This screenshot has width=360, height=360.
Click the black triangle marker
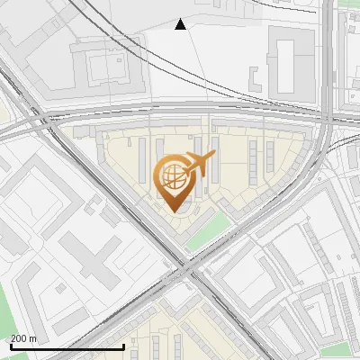click(x=181, y=24)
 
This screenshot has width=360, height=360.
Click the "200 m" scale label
click(x=23, y=338)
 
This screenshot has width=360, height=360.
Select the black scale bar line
click(x=67, y=346)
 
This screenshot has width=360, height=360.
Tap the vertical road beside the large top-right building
click(x=326, y=63)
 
